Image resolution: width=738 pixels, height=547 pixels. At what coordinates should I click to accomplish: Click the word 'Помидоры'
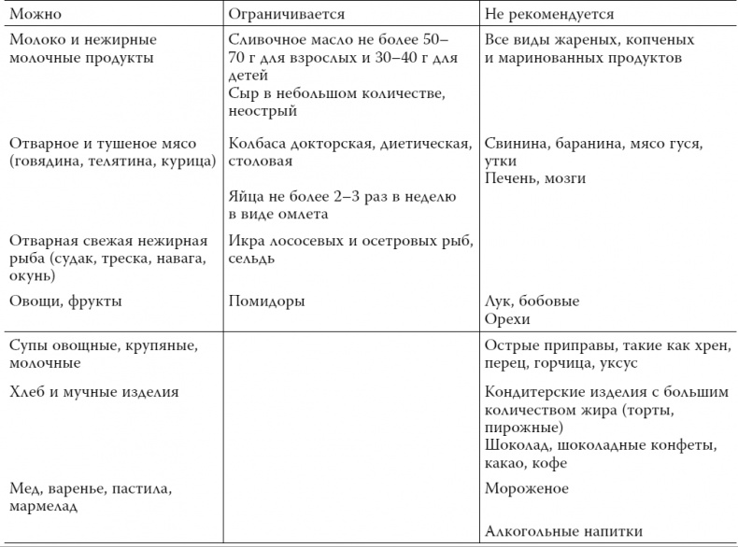click(x=267, y=302)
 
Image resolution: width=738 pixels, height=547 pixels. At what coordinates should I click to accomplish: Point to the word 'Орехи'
click(x=507, y=319)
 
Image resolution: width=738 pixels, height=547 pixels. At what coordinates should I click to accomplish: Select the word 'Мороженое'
click(x=527, y=488)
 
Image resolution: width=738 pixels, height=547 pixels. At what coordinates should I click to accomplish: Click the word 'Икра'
click(x=245, y=240)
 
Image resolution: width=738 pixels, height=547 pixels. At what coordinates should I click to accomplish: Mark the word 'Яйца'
click(x=246, y=196)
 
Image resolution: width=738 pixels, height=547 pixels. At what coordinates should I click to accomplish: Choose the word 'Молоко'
click(x=36, y=40)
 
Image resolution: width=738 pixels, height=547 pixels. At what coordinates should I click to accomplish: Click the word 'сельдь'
click(x=251, y=258)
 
